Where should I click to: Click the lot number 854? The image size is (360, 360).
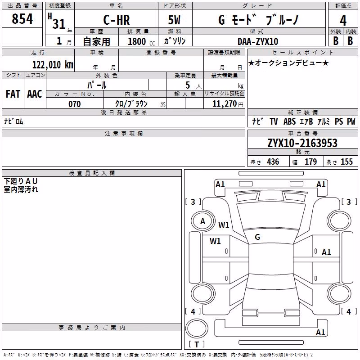[22, 18]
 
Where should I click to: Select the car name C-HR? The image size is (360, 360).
[117, 20]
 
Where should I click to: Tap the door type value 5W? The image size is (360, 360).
[174, 20]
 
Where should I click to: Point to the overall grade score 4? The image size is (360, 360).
[343, 21]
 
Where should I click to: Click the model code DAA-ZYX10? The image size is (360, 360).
[258, 41]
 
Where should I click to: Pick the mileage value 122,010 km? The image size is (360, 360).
[53, 64]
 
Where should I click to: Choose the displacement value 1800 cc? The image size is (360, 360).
[141, 41]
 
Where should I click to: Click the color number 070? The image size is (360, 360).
[75, 104]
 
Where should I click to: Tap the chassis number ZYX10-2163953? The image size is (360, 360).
[302, 143]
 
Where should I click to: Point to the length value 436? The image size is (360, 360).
[273, 162]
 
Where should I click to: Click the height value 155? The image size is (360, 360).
[346, 162]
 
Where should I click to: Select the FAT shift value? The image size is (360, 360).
[13, 94]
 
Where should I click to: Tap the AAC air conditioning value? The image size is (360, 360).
[35, 94]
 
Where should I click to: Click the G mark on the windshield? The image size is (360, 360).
[257, 237]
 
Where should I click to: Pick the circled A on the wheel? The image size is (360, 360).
[202, 221]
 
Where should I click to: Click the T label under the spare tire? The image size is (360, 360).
[197, 344]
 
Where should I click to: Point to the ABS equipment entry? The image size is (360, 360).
[289, 121]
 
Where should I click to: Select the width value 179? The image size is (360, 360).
[310, 162]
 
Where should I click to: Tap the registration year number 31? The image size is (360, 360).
[59, 24]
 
